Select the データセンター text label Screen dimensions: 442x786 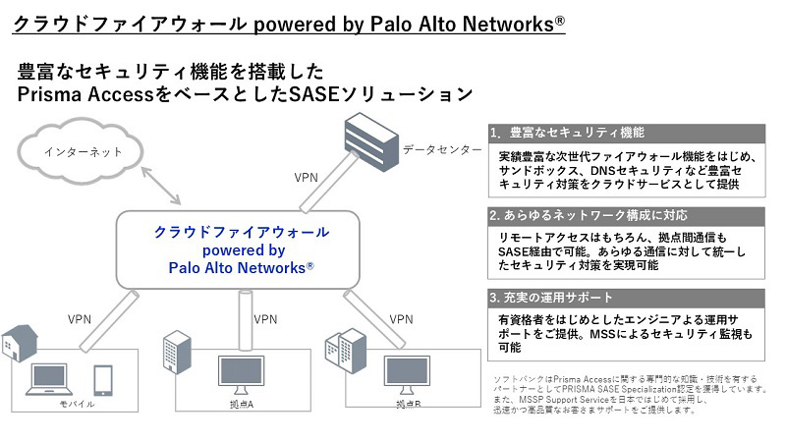point(441,149)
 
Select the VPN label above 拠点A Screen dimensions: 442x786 point(265,319)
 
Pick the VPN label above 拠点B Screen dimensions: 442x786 point(401,319)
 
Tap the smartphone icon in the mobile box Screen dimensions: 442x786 point(103,379)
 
